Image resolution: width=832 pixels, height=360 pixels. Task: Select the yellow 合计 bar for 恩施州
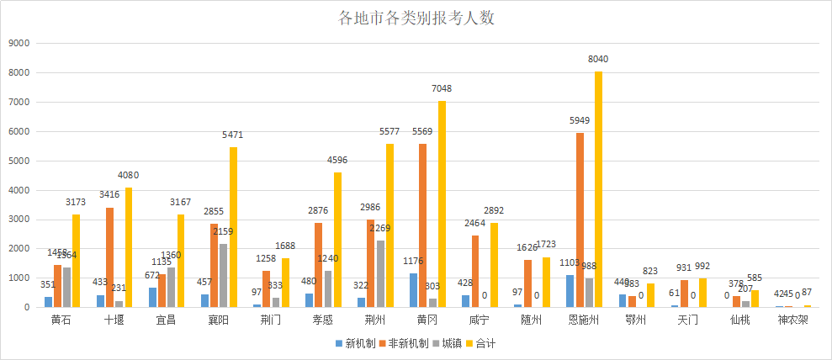click(598, 189)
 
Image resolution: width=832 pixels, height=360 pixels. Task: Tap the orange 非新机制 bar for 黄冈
click(423, 225)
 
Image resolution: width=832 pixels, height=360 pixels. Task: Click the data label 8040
click(598, 60)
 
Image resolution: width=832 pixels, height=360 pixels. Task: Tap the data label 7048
click(442, 88)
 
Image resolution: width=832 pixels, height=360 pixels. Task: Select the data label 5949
click(580, 120)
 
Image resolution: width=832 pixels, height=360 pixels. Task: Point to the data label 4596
click(337, 160)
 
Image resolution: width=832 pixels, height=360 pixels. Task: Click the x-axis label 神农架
click(791, 320)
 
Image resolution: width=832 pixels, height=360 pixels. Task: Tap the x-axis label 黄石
click(61, 320)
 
